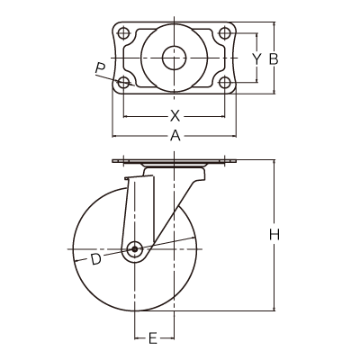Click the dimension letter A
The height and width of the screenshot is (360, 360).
(175, 136)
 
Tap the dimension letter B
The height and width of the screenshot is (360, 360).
(274, 59)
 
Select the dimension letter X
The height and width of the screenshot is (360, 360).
(175, 116)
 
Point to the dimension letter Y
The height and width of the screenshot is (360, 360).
(256, 59)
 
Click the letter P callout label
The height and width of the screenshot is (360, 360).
(100, 68)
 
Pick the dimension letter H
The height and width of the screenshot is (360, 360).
(274, 235)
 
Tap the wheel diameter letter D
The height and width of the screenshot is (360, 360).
(96, 259)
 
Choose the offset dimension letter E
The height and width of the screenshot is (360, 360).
(153, 338)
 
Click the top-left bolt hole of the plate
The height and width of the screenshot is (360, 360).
(123, 33)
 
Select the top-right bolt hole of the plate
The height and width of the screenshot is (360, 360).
(225, 33)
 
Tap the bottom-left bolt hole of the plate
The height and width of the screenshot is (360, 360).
(123, 82)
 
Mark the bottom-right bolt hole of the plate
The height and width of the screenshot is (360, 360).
(225, 82)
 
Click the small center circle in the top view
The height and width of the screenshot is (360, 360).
(175, 58)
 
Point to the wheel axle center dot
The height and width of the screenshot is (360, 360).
(134, 249)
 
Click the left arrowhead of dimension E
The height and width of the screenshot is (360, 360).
(137, 338)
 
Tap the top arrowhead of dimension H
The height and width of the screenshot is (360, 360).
(274, 163)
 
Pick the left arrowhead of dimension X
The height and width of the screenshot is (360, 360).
(126, 116)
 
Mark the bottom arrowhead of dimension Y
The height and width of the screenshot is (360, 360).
(256, 79)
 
